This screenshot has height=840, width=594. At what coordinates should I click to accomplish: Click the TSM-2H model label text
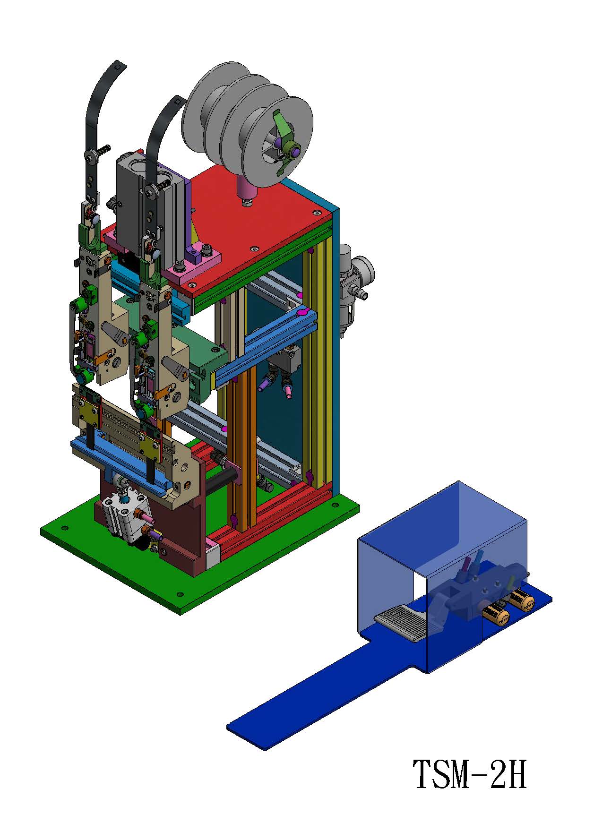470,774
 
